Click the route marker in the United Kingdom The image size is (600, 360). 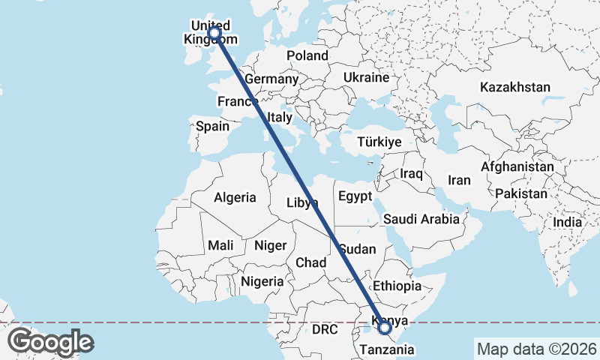pyautogui.click(x=214, y=33)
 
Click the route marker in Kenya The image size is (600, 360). pyautogui.click(x=385, y=327)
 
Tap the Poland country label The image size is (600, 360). pyautogui.click(x=307, y=55)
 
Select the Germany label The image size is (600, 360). pyautogui.click(x=271, y=79)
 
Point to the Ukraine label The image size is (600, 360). pyautogui.click(x=366, y=77)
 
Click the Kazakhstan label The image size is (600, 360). pyautogui.click(x=515, y=87)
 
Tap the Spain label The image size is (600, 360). pyautogui.click(x=212, y=126)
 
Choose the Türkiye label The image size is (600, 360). pyautogui.click(x=379, y=142)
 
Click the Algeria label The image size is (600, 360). pyautogui.click(x=235, y=198)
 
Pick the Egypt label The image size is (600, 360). pyautogui.click(x=355, y=196)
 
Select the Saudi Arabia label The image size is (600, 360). pyautogui.click(x=421, y=220)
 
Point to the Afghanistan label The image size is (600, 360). pyautogui.click(x=517, y=166)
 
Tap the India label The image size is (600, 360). pyautogui.click(x=567, y=222)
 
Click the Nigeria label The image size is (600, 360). pyautogui.click(x=262, y=282)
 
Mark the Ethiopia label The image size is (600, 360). pyautogui.click(x=397, y=286)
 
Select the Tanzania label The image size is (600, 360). pyautogui.click(x=387, y=349)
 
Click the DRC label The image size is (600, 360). pyautogui.click(x=325, y=330)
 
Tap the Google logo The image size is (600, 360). pyautogui.click(x=50, y=342)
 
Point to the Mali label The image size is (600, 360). pyautogui.click(x=220, y=245)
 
